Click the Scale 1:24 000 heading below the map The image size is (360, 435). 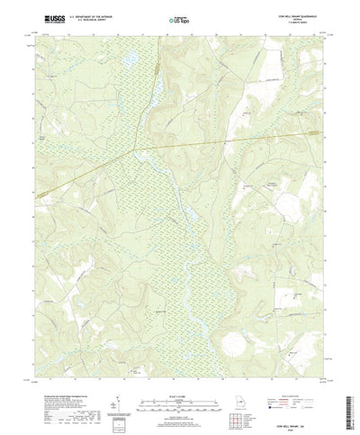tap(178, 381)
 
